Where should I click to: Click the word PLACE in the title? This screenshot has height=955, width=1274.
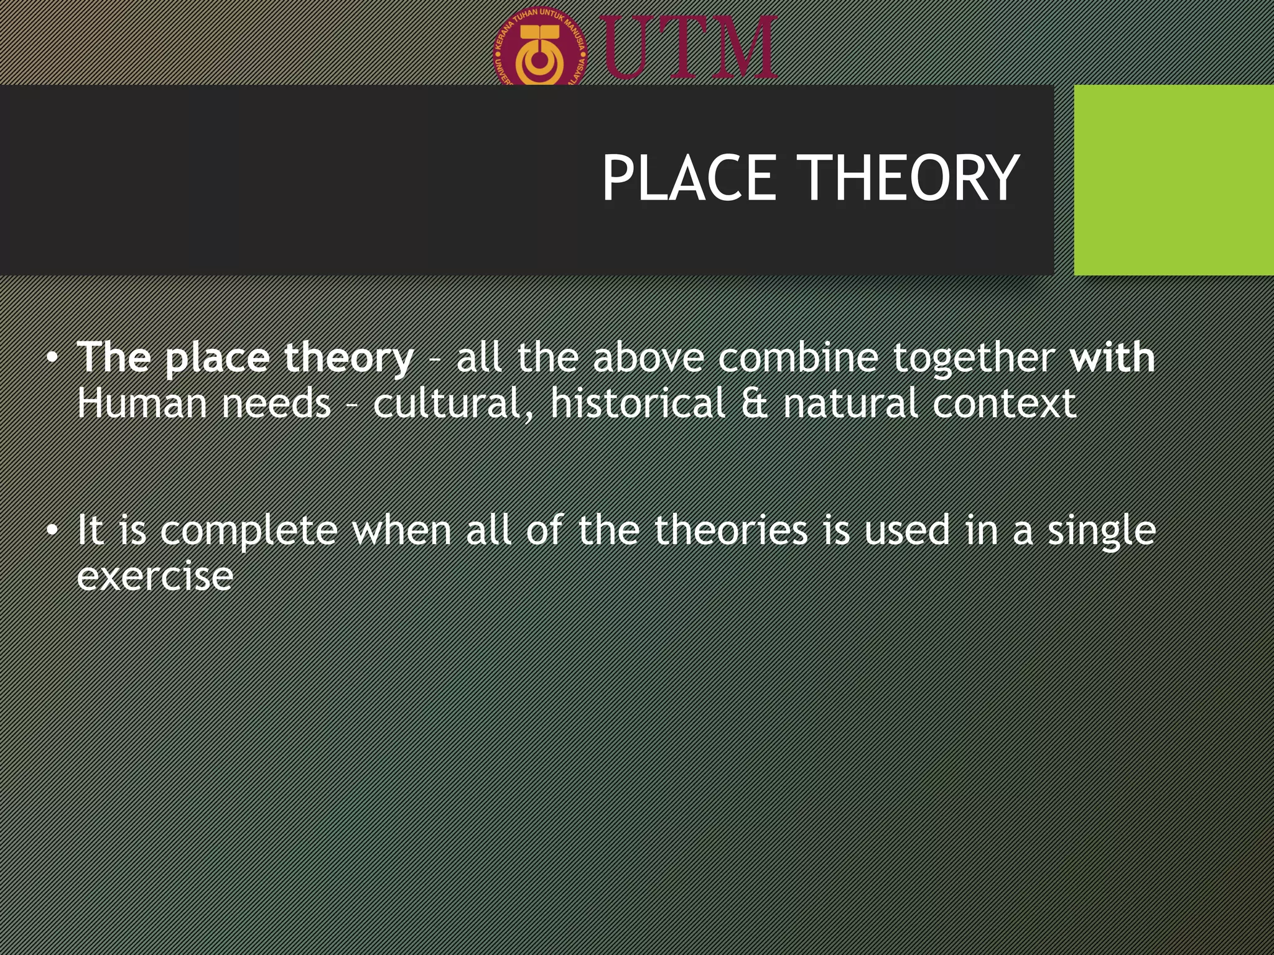pos(689,178)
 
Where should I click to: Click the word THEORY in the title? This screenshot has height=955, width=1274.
pos(908,178)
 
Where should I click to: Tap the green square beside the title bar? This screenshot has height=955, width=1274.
pos(1173,180)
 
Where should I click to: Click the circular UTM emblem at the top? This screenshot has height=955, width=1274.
pos(541,50)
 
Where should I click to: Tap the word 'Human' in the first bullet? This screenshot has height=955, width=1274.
pos(142,403)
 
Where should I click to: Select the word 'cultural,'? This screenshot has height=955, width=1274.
pos(453,403)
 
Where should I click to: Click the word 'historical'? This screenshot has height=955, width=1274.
pos(638,403)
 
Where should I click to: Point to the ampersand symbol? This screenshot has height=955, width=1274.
pos(754,403)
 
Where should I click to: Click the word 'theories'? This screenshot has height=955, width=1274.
pos(731,530)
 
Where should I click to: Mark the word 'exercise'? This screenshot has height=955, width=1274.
pos(155,576)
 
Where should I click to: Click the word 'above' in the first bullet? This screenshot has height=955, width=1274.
pos(648,358)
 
